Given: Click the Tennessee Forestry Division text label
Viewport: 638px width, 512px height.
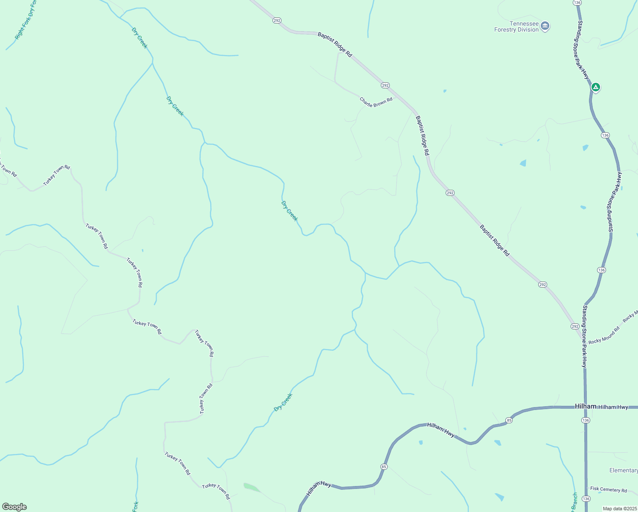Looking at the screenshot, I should click(x=516, y=27).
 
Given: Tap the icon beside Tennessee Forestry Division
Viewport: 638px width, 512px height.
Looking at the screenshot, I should click(x=545, y=26).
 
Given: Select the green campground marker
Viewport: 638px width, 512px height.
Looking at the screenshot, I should click(x=596, y=87).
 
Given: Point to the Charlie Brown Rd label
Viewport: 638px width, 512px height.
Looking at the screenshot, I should click(x=376, y=102).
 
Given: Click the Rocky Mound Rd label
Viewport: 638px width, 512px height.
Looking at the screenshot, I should click(x=603, y=336).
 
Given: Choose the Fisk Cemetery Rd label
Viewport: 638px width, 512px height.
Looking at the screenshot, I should click(x=609, y=490).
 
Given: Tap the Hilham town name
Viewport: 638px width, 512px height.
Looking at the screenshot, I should click(x=585, y=406).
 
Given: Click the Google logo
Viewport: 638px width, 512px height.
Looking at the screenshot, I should click(x=14, y=507).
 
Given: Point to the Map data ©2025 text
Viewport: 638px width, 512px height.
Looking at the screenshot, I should click(x=619, y=509).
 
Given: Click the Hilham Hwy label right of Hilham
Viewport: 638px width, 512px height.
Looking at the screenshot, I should click(x=613, y=407).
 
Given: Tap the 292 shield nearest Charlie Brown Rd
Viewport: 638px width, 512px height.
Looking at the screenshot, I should click(x=385, y=85).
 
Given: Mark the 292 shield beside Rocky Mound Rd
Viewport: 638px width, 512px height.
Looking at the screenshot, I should click(x=575, y=326).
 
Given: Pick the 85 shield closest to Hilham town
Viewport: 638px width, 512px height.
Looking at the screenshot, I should click(x=509, y=420).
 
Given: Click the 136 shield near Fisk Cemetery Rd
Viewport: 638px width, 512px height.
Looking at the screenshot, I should click(x=586, y=499).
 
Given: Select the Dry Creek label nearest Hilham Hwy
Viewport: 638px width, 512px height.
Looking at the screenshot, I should click(x=283, y=403).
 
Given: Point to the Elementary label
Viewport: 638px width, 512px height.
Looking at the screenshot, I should click(x=623, y=470).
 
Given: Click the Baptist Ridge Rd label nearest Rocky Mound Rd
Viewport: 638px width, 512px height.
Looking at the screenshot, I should click(x=494, y=241).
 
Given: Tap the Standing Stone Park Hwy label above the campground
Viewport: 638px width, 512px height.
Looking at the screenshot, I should click(x=583, y=49).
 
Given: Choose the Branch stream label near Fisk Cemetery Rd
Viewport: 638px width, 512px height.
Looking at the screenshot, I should click(x=574, y=503).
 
